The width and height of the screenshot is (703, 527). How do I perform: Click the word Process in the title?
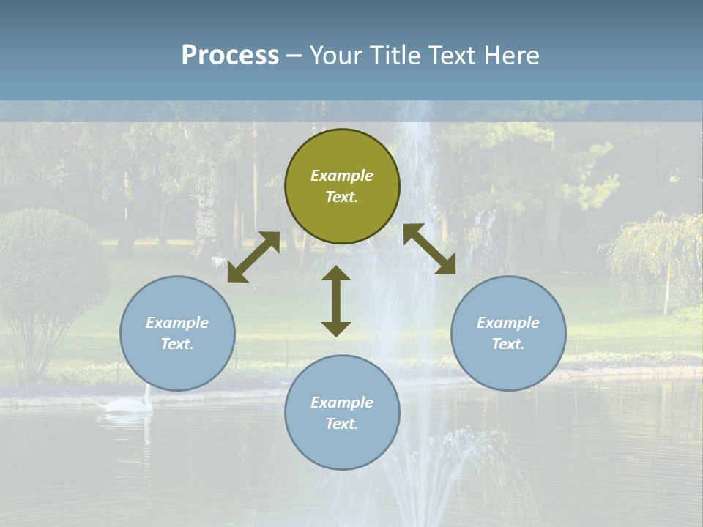[230, 56]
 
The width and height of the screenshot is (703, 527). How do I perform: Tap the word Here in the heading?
[511, 56]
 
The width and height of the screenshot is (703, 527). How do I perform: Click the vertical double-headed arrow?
[336, 301]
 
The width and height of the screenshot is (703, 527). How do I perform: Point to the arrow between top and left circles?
[253, 257]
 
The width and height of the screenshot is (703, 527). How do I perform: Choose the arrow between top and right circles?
[429, 249]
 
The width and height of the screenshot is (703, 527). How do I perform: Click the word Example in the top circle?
[342, 176]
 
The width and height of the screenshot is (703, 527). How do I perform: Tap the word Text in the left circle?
[177, 344]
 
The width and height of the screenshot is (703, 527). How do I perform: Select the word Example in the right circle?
[508, 323]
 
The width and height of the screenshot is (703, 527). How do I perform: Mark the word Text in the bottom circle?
[341, 424]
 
